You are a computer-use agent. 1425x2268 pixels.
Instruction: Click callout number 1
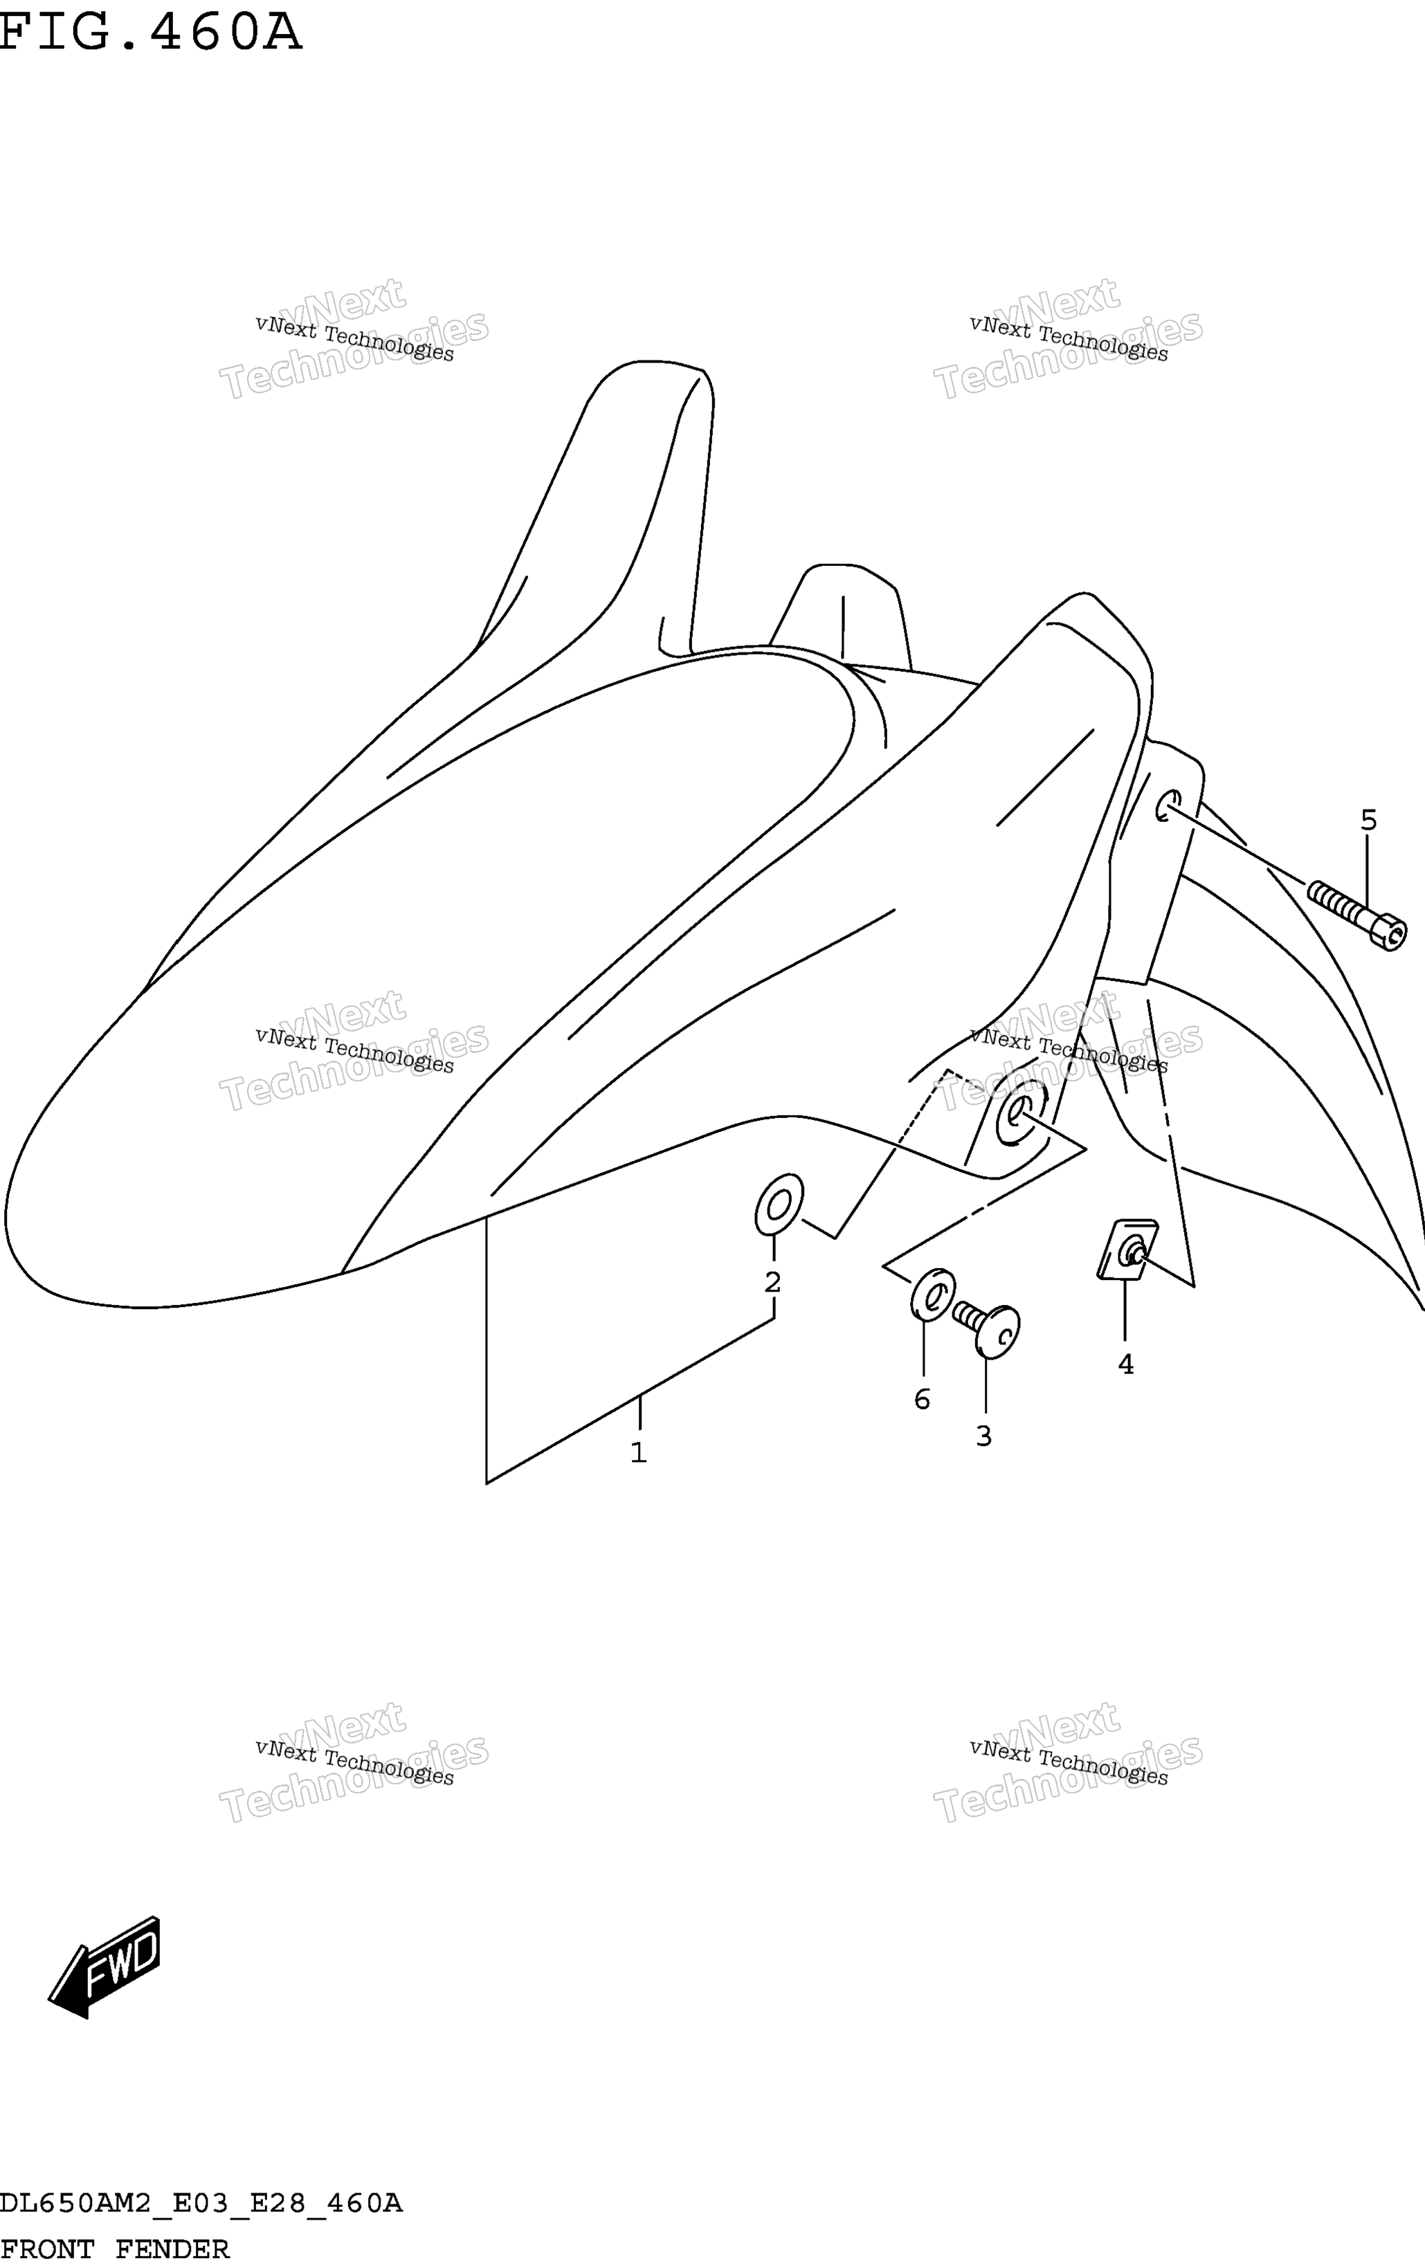[639, 1452]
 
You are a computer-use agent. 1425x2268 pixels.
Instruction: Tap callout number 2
[772, 1282]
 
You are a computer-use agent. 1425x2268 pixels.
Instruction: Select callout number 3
[983, 1436]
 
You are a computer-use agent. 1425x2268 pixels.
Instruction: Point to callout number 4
[1125, 1364]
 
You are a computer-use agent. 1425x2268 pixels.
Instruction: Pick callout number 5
[1368, 821]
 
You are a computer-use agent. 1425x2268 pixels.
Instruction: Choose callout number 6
[922, 1400]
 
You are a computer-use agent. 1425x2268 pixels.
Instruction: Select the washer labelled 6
[932, 1295]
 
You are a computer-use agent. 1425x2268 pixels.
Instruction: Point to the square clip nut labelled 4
[1128, 1250]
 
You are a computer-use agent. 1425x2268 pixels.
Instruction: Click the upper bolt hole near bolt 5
[1167, 805]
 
